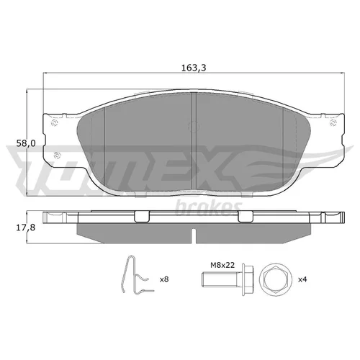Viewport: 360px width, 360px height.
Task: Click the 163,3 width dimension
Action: click(x=194, y=68)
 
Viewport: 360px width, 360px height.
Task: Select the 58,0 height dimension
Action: click(x=26, y=143)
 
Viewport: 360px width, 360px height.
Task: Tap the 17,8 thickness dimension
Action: click(x=26, y=228)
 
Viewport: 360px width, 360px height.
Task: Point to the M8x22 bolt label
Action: click(x=222, y=265)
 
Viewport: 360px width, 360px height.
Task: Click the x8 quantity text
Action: click(x=164, y=279)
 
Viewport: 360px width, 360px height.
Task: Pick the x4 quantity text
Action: click(x=302, y=279)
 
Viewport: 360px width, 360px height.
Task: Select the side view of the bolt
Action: click(x=228, y=279)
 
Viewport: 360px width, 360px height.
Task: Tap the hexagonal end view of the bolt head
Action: click(x=276, y=279)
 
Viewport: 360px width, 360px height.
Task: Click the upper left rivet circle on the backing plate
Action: click(x=55, y=123)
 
